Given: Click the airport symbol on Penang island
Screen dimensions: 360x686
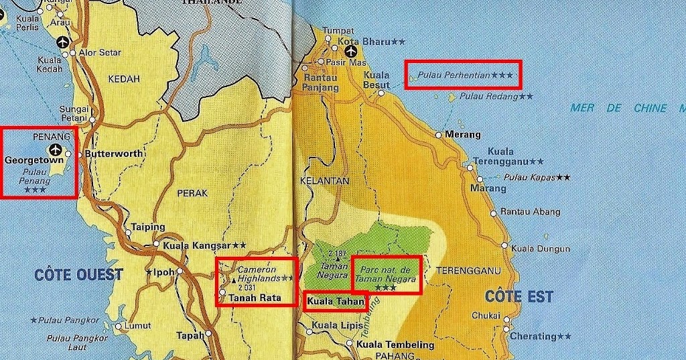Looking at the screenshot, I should [54, 149].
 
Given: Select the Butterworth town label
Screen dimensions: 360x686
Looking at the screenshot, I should [115, 154].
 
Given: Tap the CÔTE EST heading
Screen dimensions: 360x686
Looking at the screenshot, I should [519, 296].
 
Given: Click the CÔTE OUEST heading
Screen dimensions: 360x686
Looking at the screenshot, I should [79, 274].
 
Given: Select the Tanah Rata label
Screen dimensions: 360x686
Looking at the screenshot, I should [255, 298].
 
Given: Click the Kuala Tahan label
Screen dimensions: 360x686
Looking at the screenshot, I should [336, 302].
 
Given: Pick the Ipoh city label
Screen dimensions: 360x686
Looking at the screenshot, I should [164, 272].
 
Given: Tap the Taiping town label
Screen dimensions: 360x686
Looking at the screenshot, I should [148, 227].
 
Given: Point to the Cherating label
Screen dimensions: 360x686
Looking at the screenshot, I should [533, 336].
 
